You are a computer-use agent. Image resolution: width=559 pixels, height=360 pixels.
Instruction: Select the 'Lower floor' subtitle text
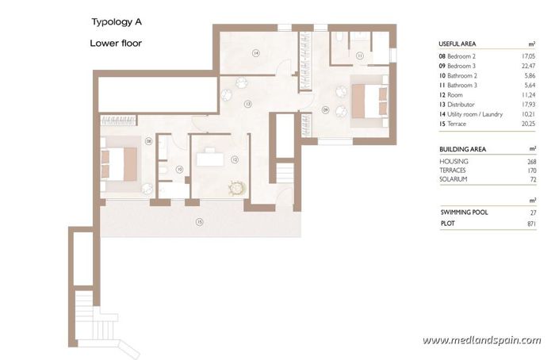point(117,44)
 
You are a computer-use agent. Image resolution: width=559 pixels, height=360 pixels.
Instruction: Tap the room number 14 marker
point(256,53)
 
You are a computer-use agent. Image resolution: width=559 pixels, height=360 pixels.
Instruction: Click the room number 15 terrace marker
point(200,222)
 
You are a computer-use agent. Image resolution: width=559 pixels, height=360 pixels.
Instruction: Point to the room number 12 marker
point(235,159)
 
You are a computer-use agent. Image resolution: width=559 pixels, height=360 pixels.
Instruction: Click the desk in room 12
point(210,159)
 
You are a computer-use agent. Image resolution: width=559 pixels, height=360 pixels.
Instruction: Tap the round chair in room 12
point(235,187)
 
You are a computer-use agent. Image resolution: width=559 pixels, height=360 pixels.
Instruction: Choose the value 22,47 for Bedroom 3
point(526,66)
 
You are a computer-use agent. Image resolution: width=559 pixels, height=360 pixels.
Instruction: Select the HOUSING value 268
point(531,161)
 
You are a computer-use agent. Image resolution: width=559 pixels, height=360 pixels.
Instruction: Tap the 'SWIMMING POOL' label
point(465,213)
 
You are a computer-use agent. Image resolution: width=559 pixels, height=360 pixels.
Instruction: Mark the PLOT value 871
point(531,224)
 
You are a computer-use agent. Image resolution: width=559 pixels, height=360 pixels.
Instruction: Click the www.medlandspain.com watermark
point(481,340)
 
